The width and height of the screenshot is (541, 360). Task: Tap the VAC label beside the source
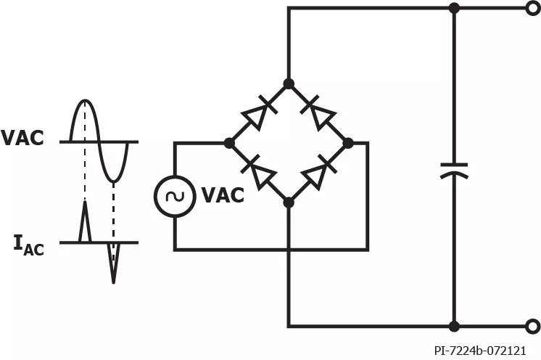pos(223,195)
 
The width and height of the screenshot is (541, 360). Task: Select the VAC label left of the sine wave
pos(22,138)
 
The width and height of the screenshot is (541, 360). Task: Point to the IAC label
pos(28,245)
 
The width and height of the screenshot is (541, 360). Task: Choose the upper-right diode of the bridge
pos(318,113)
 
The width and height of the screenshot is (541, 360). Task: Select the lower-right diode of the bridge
pos(318,172)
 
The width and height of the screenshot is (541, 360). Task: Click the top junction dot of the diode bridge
pos(289,83)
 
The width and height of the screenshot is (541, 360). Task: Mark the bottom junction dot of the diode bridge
pos(289,202)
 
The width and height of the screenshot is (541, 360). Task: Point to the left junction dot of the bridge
pos(229,143)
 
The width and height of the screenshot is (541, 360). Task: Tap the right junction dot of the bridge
pos(348,143)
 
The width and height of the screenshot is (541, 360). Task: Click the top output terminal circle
pos(533,8)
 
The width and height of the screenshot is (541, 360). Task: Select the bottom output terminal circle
pos(533,326)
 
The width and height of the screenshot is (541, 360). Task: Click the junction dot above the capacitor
pos(454,8)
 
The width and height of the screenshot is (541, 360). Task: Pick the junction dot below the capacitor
pos(454,326)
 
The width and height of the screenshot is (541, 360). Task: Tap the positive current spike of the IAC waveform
pos(86,221)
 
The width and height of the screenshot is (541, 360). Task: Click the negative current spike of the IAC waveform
pos(114,263)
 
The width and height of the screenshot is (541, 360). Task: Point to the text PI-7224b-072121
pos(480,351)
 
